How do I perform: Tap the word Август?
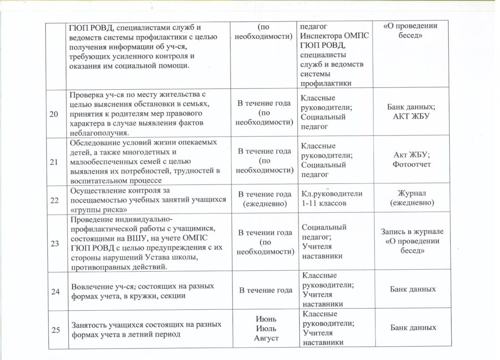click(x=264, y=338)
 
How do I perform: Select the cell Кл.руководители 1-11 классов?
click(x=332, y=198)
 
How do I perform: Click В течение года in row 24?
click(x=265, y=291)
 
